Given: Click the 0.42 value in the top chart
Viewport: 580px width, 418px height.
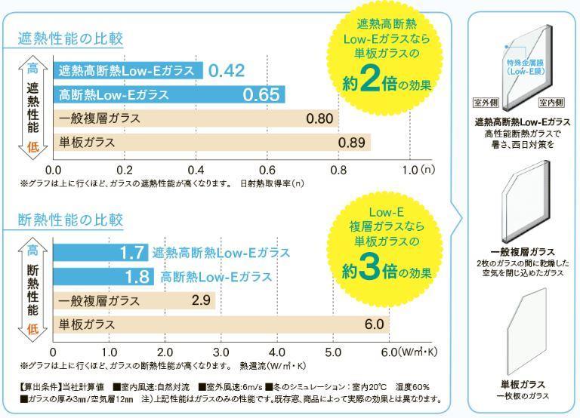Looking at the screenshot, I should click(227, 71).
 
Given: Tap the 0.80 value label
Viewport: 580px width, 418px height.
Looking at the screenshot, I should click(319, 118).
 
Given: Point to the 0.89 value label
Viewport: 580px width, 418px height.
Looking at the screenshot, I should click(353, 142).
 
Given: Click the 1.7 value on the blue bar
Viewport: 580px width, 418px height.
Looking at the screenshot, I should click(133, 253).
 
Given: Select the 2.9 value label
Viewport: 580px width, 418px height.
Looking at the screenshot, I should click(200, 300).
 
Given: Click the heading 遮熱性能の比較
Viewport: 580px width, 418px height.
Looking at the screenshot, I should click(70, 38).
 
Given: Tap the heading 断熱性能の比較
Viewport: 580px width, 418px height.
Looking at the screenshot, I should click(70, 220).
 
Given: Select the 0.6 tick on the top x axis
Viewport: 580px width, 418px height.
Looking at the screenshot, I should click(267, 169).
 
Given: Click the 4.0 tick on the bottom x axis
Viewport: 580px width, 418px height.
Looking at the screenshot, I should click(276, 352).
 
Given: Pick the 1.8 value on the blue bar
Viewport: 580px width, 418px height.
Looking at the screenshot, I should click(137, 276).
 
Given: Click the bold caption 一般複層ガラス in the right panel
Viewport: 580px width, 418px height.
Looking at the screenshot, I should click(522, 251).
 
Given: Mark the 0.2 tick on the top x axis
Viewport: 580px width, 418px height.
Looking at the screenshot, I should click(125, 169).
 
